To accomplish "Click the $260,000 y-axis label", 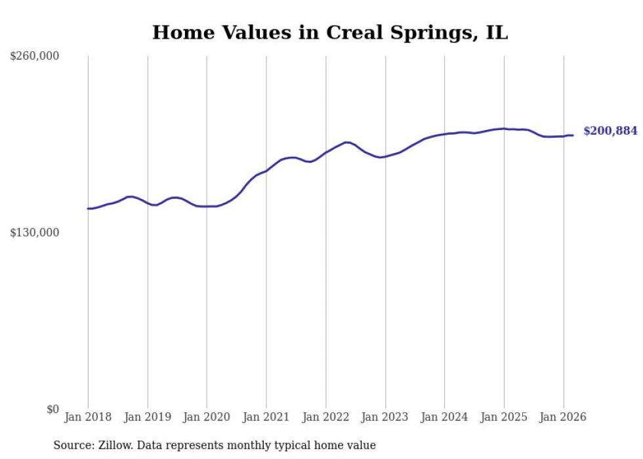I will pos(35,56).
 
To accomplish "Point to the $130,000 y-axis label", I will pos(35,232).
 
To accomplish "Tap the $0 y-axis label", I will pos(52,409).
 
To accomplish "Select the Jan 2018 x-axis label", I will pos(88,417).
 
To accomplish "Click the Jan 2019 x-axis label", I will pos(148,417).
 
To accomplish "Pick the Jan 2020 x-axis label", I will pos(207,417).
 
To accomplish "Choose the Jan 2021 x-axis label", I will pos(266,417).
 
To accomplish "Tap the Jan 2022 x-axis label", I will pos(325,417).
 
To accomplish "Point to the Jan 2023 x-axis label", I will pos(385,417).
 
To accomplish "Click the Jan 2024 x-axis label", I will pos(444,417).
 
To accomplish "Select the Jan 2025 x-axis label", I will pos(504,417).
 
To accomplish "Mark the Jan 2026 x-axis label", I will pos(563,417).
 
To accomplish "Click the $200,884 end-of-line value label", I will pos(610,131).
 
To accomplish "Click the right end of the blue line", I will pos(573,135).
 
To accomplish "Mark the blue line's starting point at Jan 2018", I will pos(88,209).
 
